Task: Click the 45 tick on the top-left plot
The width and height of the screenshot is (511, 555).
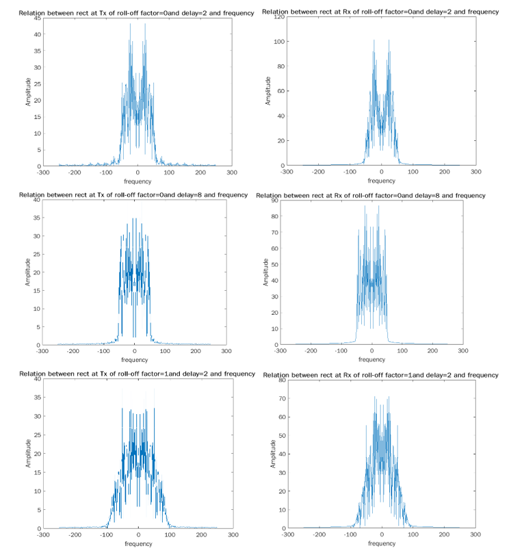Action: pyautogui.click(x=36, y=16)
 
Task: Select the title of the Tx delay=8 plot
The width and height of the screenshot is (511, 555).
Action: pyautogui.click(x=133, y=195)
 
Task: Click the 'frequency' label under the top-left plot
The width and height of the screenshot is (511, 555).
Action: pyautogui.click(x=137, y=182)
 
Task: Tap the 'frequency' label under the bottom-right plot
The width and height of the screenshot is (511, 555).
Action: pyautogui.click(x=381, y=543)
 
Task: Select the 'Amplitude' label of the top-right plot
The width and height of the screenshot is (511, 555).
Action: pyautogui.click(x=267, y=91)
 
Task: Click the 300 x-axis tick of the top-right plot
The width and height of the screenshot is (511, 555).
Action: pyautogui.click(x=475, y=173)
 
